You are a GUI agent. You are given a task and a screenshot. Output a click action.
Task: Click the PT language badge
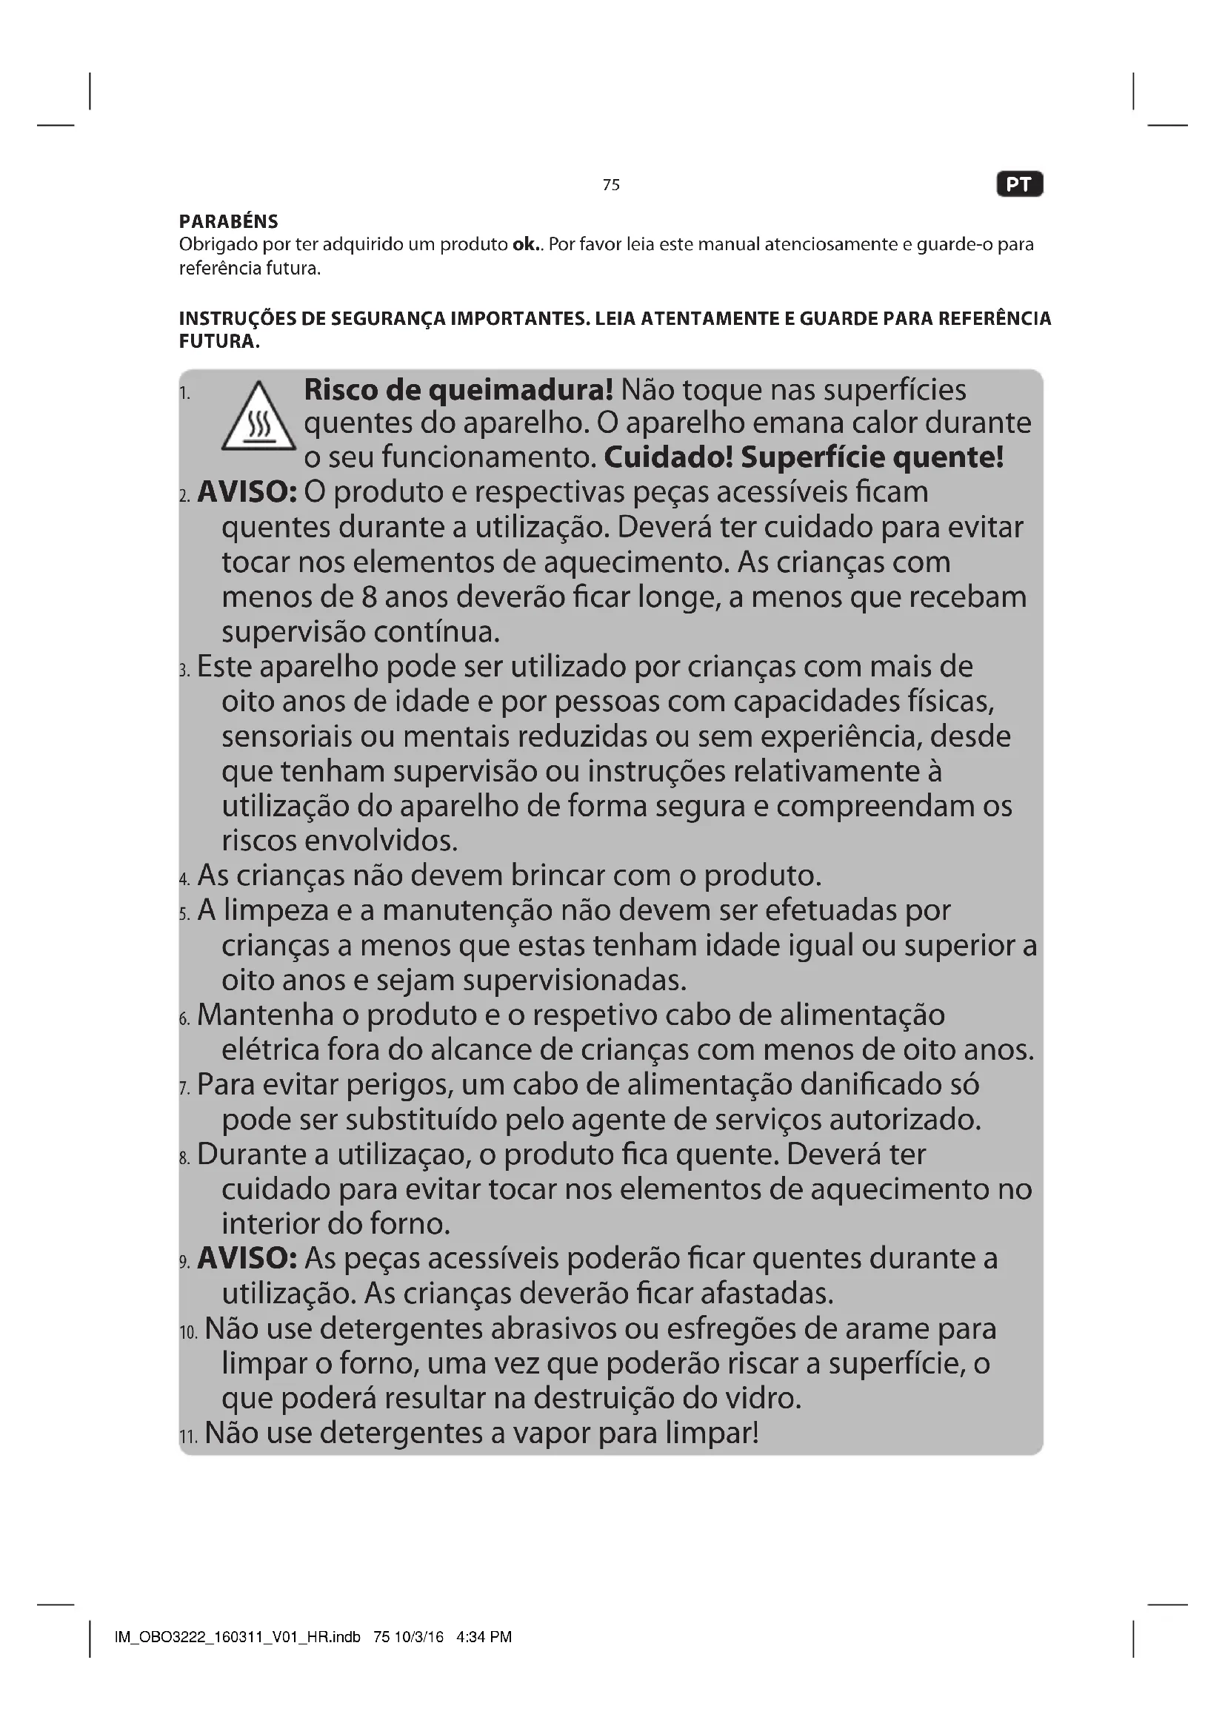tap(1019, 185)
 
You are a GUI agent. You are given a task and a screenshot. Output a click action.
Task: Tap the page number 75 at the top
tap(611, 185)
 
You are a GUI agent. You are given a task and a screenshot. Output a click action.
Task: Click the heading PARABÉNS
tap(229, 222)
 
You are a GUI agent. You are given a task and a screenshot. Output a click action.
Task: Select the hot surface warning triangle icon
tap(258, 417)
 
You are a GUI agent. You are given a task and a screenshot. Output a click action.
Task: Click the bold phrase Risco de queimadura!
tap(458, 391)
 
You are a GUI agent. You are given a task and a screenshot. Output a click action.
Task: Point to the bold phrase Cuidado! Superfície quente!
tap(804, 457)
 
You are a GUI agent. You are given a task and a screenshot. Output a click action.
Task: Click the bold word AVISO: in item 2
tap(247, 492)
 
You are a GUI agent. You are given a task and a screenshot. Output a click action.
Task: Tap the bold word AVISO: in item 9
tap(247, 1258)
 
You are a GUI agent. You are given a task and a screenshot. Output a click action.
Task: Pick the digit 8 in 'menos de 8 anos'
tap(369, 597)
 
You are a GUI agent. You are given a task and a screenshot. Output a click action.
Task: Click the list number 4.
tap(185, 879)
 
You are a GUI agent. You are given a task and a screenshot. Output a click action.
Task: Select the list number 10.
tap(188, 1333)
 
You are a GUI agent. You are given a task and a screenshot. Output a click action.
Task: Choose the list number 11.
tap(188, 1437)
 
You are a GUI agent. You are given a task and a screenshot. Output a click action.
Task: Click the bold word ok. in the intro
tap(525, 244)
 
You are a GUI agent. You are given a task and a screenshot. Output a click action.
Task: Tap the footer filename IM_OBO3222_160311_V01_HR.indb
tap(238, 1637)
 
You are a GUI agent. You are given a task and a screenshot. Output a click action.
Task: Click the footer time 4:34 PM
tap(484, 1637)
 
